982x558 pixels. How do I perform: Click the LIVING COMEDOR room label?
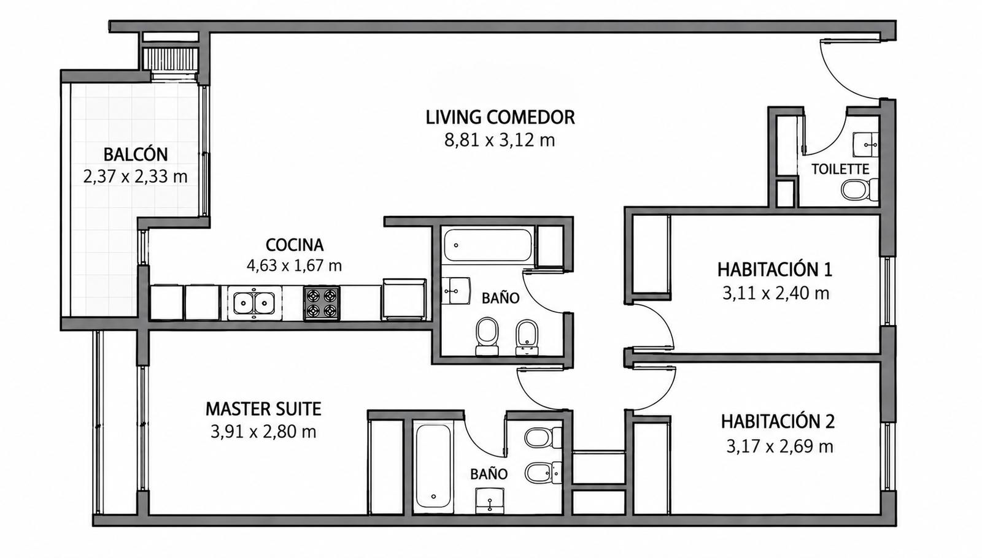point(500,117)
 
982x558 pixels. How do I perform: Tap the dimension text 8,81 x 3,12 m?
point(500,140)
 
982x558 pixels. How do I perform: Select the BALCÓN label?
point(136,154)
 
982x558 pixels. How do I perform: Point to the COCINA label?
point(295,245)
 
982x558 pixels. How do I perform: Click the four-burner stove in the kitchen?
point(322,304)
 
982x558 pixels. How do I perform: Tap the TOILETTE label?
point(840,169)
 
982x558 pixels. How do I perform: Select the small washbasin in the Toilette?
point(865,145)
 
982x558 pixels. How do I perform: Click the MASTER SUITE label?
point(263,409)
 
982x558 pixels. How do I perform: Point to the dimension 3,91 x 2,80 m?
point(263,432)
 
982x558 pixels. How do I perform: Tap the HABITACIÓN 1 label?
point(775,270)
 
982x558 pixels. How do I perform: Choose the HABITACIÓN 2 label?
point(778,422)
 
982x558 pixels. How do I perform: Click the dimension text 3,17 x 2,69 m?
point(779,447)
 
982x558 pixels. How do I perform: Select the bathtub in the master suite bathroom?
point(433,468)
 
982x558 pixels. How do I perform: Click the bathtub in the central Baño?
point(488,245)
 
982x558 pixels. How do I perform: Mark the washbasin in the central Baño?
point(455,291)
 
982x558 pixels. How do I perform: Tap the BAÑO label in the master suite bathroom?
point(489,474)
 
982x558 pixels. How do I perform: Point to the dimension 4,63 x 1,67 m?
point(294,266)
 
